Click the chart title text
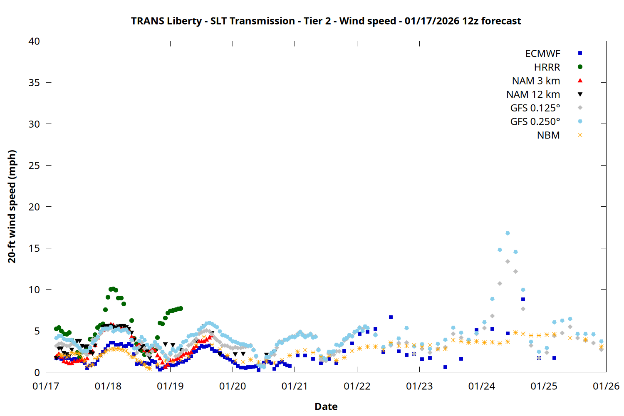click(x=326, y=21)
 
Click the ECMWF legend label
click(x=542, y=54)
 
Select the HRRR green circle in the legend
click(x=580, y=67)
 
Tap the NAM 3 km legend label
click(x=536, y=81)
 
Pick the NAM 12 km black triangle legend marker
click(x=580, y=94)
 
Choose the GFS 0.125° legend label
click(x=535, y=108)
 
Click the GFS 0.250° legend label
click(x=535, y=121)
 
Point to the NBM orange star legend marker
click(x=580, y=135)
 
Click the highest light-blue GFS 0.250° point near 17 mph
click(x=508, y=233)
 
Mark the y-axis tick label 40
click(x=34, y=42)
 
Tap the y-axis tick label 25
click(x=34, y=166)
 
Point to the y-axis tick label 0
click(x=37, y=372)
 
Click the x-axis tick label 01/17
click(x=46, y=386)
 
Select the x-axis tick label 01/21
click(x=295, y=386)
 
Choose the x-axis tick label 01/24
click(x=482, y=386)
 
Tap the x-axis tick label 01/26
click(x=606, y=386)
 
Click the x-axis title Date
click(x=326, y=406)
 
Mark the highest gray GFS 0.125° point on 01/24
click(x=508, y=262)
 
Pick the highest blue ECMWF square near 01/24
click(x=523, y=299)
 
